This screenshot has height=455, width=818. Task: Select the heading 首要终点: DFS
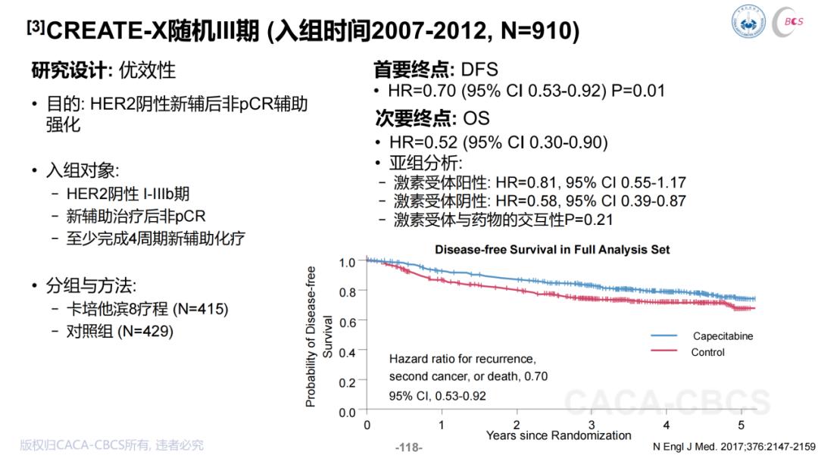(436, 70)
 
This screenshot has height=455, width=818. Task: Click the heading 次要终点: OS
(432, 118)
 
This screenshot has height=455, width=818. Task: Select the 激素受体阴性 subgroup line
(539, 201)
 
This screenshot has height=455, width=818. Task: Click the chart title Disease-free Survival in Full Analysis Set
(552, 249)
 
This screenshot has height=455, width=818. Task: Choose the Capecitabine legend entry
(722, 336)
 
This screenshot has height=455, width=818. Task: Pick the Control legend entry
(707, 352)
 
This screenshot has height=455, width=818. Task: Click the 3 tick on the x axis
(592, 425)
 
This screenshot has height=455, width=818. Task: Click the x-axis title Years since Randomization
(558, 435)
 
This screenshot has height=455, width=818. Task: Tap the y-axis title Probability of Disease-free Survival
(319, 337)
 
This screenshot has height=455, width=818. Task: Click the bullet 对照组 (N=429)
(120, 331)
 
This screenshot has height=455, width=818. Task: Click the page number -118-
(409, 447)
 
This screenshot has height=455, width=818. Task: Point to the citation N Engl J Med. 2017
(734, 447)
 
